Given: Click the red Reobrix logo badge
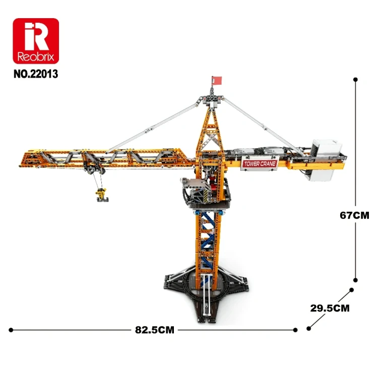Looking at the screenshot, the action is tap(36, 41).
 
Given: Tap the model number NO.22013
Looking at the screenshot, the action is tap(36, 74).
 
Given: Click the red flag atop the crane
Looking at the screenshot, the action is tap(217, 81).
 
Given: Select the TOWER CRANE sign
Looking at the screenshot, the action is tap(260, 164).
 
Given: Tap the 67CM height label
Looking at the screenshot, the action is tap(354, 215).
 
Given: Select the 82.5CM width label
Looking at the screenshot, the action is tap(155, 330).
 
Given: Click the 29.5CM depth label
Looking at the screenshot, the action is tap(330, 308).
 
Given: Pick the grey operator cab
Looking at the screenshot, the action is tap(195, 191).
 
